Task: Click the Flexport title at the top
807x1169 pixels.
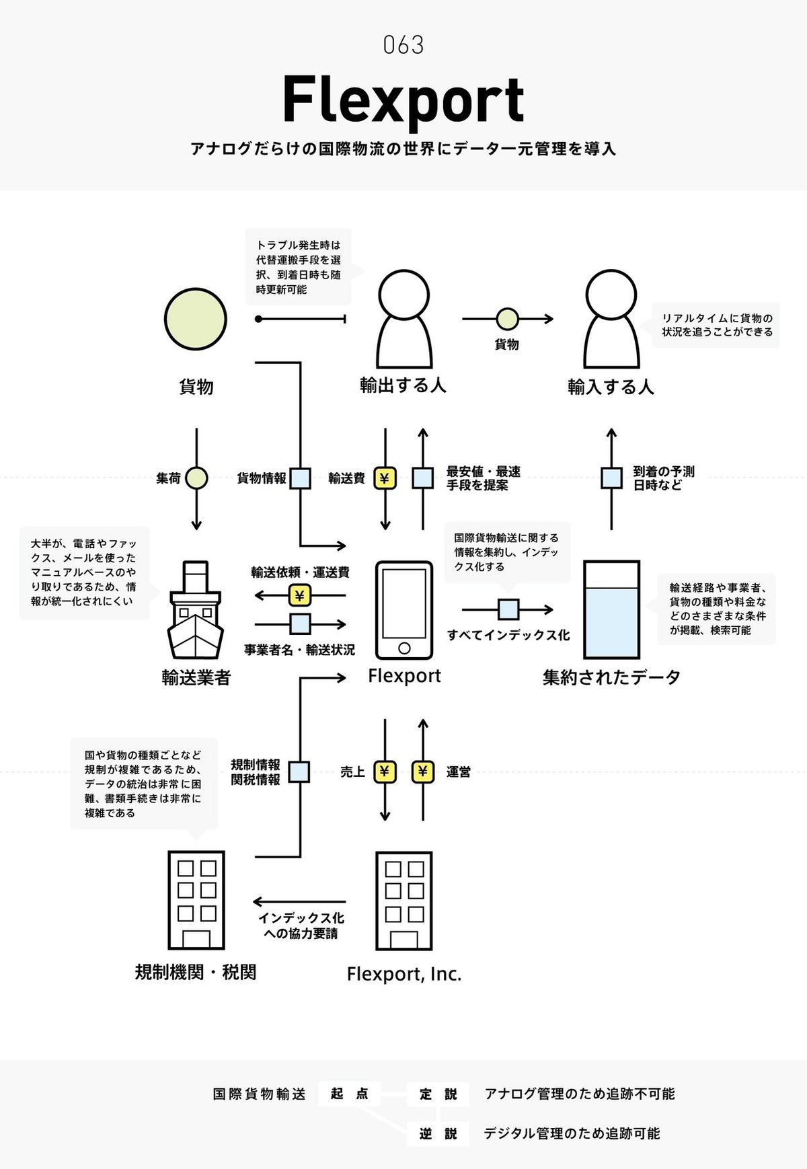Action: point(403,100)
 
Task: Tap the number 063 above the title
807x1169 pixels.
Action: point(403,45)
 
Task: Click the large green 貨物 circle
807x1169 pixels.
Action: point(196,319)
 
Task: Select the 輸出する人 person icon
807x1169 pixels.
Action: point(403,317)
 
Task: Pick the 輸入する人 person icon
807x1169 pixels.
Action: point(611,317)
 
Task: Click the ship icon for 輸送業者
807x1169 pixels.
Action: point(196,610)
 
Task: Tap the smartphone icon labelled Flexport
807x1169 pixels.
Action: point(403,610)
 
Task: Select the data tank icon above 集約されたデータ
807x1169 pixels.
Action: point(611,609)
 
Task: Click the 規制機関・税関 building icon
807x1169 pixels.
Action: point(196,900)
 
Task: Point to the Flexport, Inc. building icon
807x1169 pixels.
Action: point(403,900)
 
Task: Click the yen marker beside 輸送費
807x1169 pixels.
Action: point(385,478)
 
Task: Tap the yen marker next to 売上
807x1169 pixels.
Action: point(385,771)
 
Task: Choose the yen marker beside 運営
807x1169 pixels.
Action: point(422,771)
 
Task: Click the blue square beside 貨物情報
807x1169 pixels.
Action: point(300,478)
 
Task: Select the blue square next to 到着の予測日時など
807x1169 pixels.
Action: point(611,478)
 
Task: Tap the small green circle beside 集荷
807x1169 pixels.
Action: point(196,478)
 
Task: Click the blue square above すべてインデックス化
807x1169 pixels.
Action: point(508,609)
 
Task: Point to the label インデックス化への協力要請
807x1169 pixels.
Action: point(301,926)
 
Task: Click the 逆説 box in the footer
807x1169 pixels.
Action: point(438,1133)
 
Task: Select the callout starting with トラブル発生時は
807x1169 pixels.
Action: point(298,267)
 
